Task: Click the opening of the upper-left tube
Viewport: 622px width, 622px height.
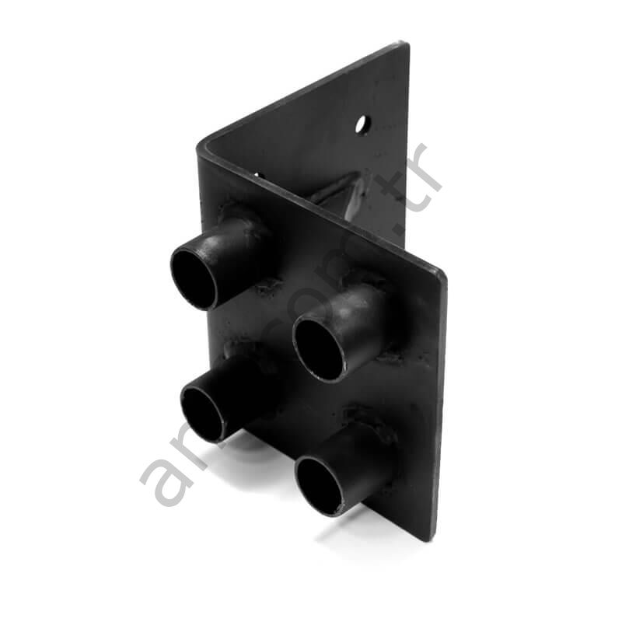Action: (x=194, y=278)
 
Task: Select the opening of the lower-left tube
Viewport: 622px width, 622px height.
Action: (x=203, y=412)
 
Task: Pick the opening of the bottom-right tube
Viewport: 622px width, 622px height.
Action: (x=320, y=485)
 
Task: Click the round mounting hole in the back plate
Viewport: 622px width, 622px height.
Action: (x=362, y=124)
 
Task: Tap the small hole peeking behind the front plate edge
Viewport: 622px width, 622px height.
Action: (x=257, y=174)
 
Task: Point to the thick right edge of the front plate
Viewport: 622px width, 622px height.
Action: (x=441, y=404)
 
